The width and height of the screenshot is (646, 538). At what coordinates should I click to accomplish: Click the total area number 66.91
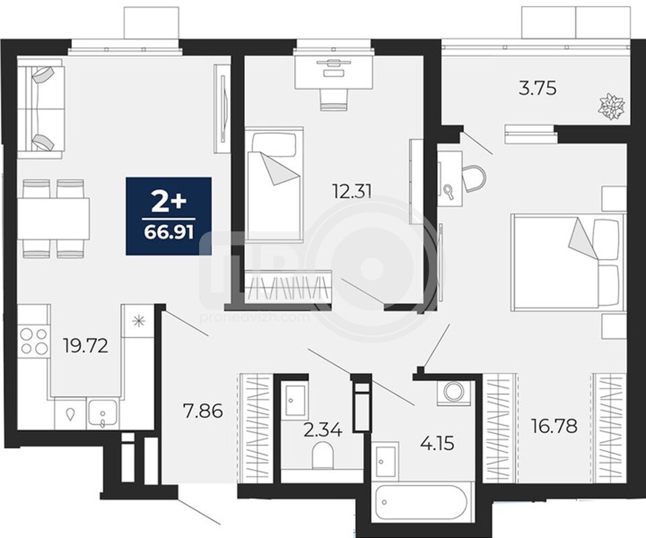pyautogui.click(x=169, y=233)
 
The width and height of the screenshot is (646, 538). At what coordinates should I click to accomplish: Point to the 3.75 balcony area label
pyautogui.click(x=538, y=88)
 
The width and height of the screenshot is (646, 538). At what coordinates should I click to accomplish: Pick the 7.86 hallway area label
pyautogui.click(x=203, y=411)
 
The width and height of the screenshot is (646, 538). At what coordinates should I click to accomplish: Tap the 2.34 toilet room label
pyautogui.click(x=323, y=430)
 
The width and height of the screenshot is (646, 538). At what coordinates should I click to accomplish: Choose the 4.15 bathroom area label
pyautogui.click(x=437, y=444)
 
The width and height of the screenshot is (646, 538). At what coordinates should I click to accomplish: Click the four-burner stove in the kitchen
pyautogui.click(x=34, y=340)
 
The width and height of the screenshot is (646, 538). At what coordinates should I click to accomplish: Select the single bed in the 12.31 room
pyautogui.click(x=275, y=184)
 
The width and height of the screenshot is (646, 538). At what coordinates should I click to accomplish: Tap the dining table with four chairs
pyautogui.click(x=54, y=218)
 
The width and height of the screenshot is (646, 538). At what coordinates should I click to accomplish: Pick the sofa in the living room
pyautogui.click(x=40, y=109)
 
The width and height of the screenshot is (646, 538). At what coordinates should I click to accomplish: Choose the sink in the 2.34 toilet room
pyautogui.click(x=293, y=399)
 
